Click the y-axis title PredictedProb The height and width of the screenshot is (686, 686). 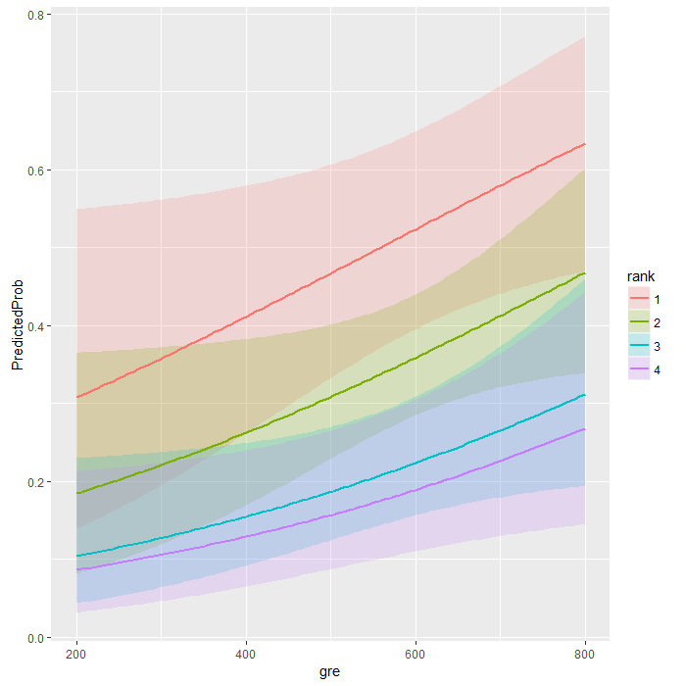click(16, 324)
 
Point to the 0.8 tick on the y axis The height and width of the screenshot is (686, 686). click(33, 15)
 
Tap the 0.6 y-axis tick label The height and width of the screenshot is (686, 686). click(33, 171)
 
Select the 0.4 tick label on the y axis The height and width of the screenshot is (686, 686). click(33, 326)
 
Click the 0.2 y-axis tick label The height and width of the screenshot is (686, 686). click(33, 482)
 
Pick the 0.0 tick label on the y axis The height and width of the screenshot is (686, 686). click(33, 638)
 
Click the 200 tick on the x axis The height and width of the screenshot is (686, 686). click(75, 654)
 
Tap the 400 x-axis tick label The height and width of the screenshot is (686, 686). click(246, 654)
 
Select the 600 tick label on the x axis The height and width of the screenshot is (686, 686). click(416, 654)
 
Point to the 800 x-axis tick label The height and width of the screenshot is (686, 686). click(586, 654)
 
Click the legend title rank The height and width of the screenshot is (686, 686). click(641, 276)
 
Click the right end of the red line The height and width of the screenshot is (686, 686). click(586, 144)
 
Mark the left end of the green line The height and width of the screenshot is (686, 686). click(75, 494)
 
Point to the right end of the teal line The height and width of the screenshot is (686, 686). click(586, 395)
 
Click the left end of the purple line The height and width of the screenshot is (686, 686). click(75, 570)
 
